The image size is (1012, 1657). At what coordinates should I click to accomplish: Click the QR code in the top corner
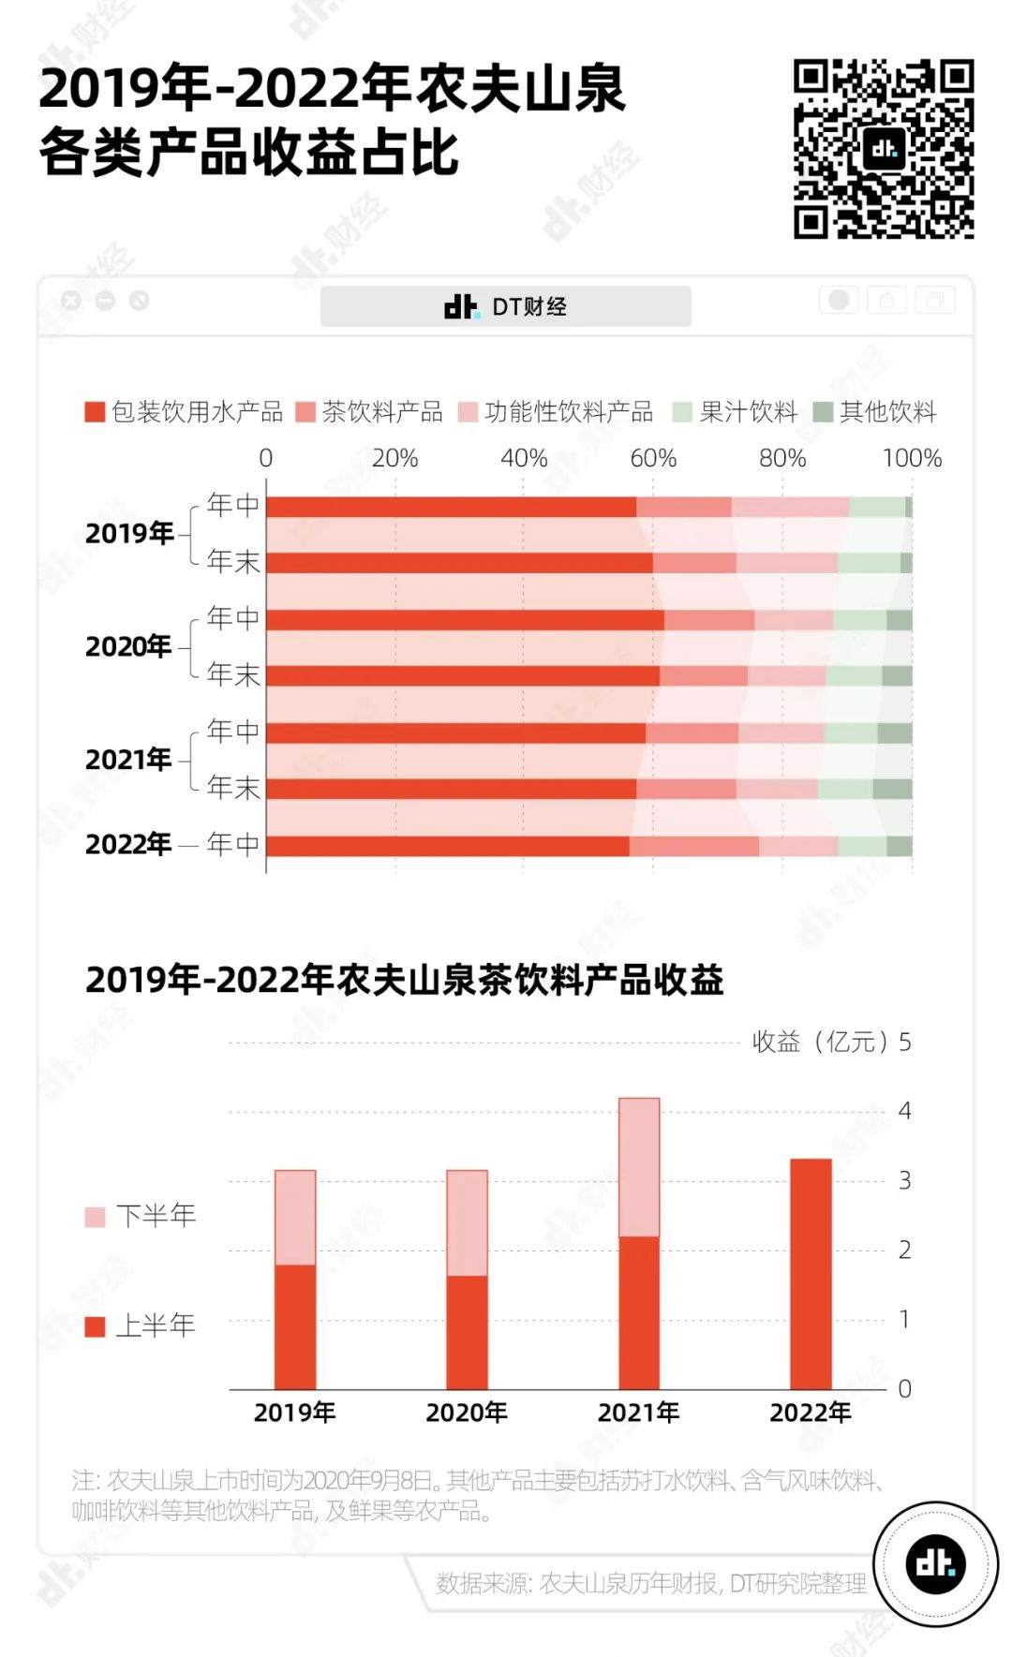(883, 149)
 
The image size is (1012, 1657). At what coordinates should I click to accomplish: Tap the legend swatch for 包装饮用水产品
(95, 412)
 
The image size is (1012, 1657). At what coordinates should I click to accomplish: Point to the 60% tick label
(653, 458)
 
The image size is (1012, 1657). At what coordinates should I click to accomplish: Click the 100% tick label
(911, 458)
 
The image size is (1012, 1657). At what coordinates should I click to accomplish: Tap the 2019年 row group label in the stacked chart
(129, 533)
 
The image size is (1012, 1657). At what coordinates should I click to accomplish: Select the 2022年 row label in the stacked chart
(128, 844)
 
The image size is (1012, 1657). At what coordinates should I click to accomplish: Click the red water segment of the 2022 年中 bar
(448, 846)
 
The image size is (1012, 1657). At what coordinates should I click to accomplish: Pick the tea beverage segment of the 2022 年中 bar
(694, 846)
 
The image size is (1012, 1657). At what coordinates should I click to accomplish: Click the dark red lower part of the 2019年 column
(295, 1326)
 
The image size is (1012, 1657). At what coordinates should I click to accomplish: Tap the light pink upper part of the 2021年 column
(639, 1167)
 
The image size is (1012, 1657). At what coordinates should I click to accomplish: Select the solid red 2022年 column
(811, 1274)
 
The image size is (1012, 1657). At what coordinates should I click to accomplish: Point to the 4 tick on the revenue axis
(904, 1111)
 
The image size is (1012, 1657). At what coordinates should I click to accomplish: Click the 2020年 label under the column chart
(467, 1412)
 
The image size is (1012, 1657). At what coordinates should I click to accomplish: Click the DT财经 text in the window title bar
(529, 306)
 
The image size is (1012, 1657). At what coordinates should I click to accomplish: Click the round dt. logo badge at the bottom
(935, 1563)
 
